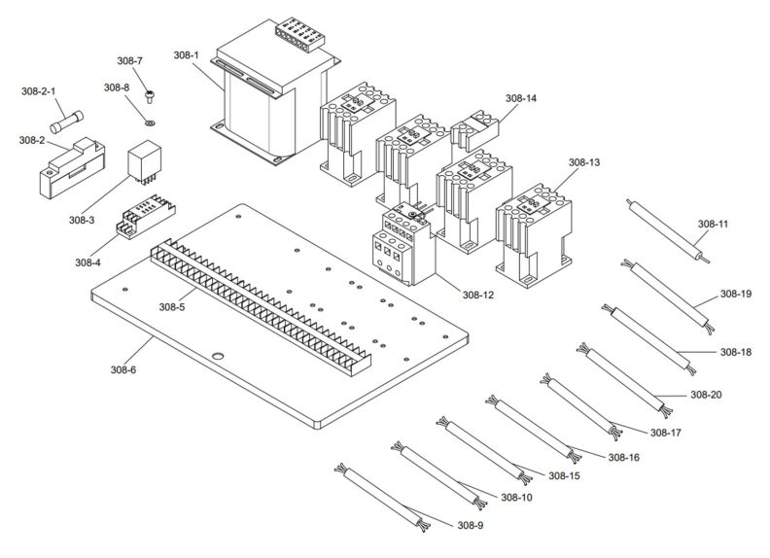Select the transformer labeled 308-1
pyautogui.click(x=272, y=97)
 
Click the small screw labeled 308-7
pyautogui.click(x=149, y=96)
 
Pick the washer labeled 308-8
pyautogui.click(x=148, y=122)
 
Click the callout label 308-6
pyautogui.click(x=123, y=369)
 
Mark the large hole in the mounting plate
pyautogui.click(x=219, y=356)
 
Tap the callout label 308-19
pyautogui.click(x=735, y=293)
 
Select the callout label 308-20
pyautogui.click(x=706, y=394)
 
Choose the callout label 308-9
pyautogui.click(x=470, y=525)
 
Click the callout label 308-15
pyautogui.click(x=564, y=475)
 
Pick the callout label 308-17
pyautogui.click(x=667, y=432)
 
